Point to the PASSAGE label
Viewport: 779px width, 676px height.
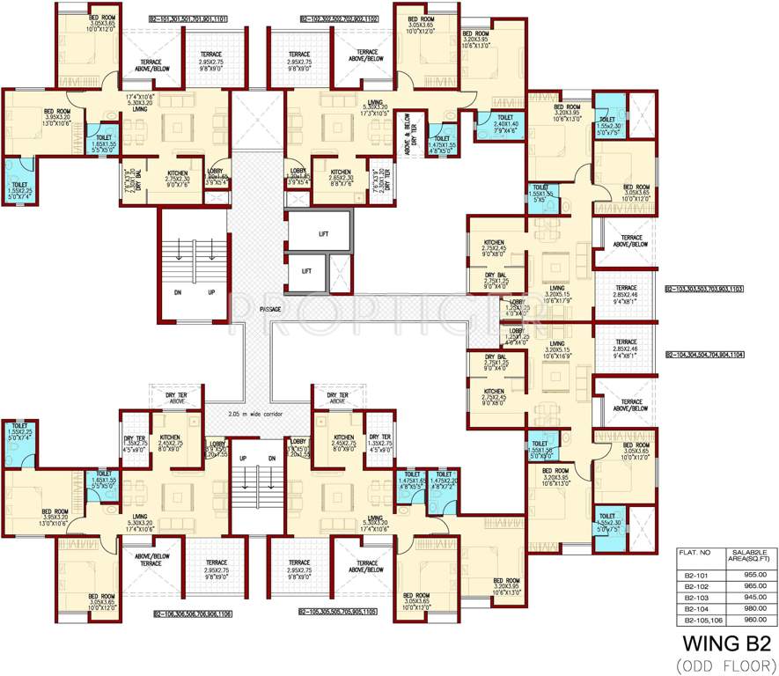pyautogui.click(x=271, y=309)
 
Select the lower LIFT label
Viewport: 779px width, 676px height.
pyautogui.click(x=305, y=272)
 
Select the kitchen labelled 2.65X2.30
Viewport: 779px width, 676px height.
pyautogui.click(x=340, y=176)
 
